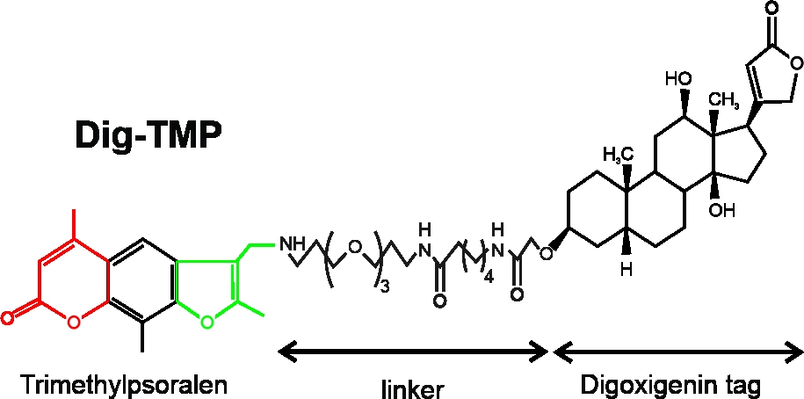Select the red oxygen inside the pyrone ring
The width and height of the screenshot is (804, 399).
(73, 322)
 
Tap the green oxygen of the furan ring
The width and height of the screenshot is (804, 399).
(207, 323)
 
